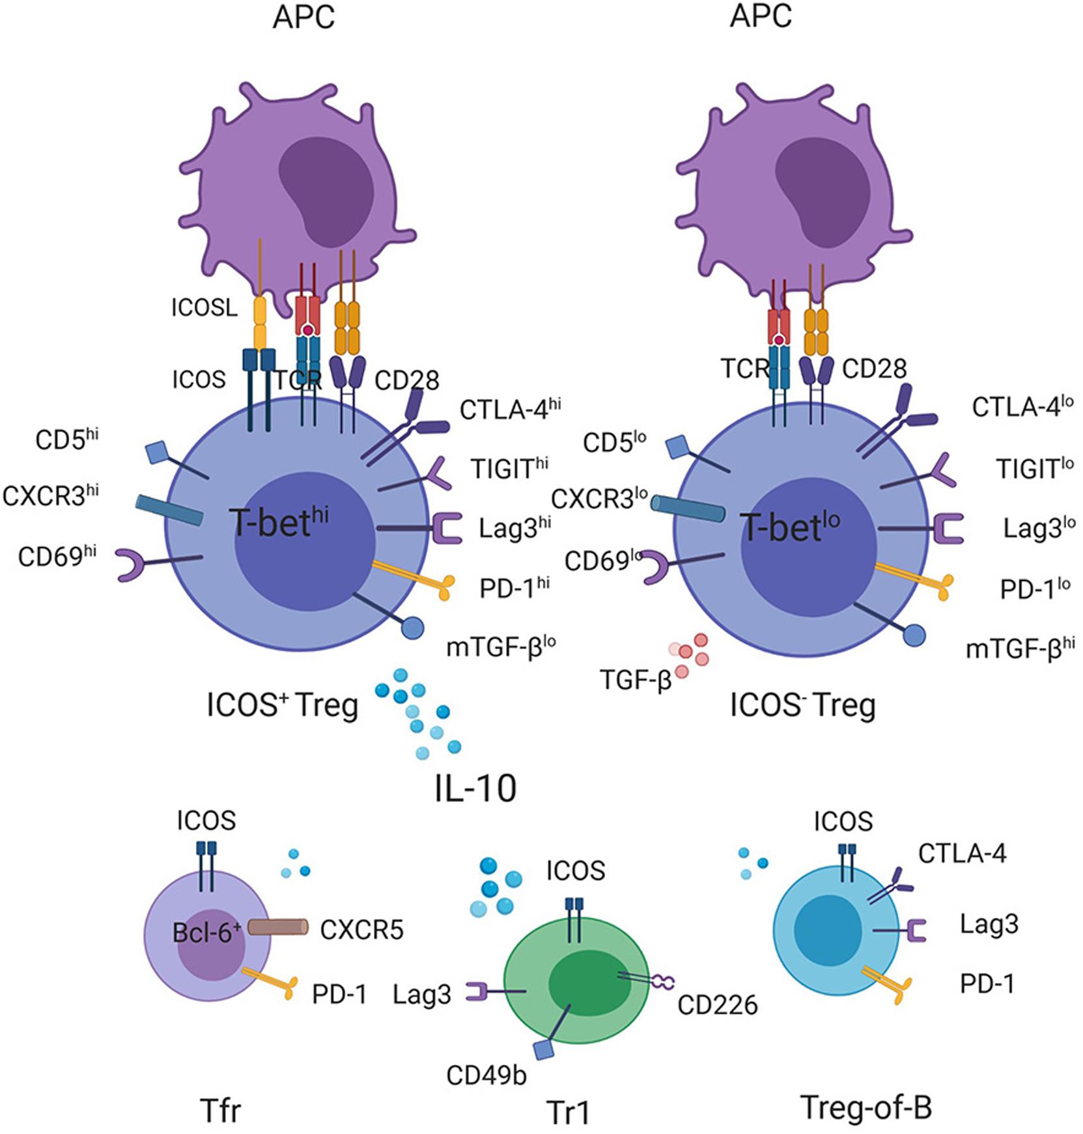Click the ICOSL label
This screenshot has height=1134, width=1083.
[x=204, y=307]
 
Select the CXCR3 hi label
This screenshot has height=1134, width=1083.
[x=50, y=495]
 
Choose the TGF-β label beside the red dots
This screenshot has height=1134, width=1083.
[x=635, y=682]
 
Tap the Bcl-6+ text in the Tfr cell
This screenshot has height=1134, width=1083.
[x=206, y=933]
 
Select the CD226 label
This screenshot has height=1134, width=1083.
[x=717, y=1005]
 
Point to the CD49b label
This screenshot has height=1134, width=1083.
[x=486, y=1075]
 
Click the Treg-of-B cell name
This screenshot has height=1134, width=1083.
[x=865, y=1107]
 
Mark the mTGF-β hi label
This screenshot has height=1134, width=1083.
[x=1019, y=649]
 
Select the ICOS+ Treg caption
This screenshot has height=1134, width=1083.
[x=282, y=705]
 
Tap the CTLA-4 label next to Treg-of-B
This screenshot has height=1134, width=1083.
[x=962, y=853]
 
